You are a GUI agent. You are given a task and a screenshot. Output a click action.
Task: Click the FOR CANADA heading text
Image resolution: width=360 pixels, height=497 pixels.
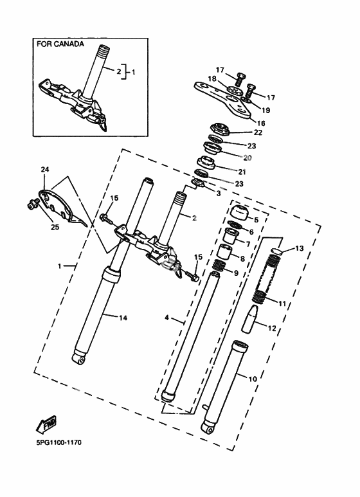[60, 44]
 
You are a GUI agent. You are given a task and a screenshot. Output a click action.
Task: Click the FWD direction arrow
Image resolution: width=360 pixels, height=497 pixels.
[46, 424]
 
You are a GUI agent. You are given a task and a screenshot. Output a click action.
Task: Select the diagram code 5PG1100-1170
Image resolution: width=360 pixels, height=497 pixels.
[59, 442]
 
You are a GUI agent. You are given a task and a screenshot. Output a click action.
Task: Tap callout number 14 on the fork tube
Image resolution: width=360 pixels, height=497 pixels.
[123, 318]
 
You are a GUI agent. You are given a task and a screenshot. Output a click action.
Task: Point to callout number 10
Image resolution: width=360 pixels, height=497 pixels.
[253, 379]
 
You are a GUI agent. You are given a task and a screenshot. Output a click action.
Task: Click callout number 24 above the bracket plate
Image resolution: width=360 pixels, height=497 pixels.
[45, 170]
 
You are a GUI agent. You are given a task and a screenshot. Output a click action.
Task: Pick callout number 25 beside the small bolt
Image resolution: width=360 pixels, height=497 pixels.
[55, 227]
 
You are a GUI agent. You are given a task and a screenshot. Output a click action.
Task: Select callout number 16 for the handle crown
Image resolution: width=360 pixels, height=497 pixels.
[261, 123]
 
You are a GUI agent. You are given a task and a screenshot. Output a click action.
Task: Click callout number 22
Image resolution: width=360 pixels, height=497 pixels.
[258, 132]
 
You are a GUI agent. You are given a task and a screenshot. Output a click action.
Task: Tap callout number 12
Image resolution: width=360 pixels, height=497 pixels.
[272, 328]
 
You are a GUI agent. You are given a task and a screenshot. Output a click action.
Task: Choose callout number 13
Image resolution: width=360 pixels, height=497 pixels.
[299, 248]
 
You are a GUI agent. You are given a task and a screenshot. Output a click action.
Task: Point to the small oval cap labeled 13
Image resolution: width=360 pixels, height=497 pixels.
[277, 250]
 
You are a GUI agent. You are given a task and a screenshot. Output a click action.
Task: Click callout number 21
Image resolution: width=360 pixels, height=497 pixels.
[242, 172]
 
